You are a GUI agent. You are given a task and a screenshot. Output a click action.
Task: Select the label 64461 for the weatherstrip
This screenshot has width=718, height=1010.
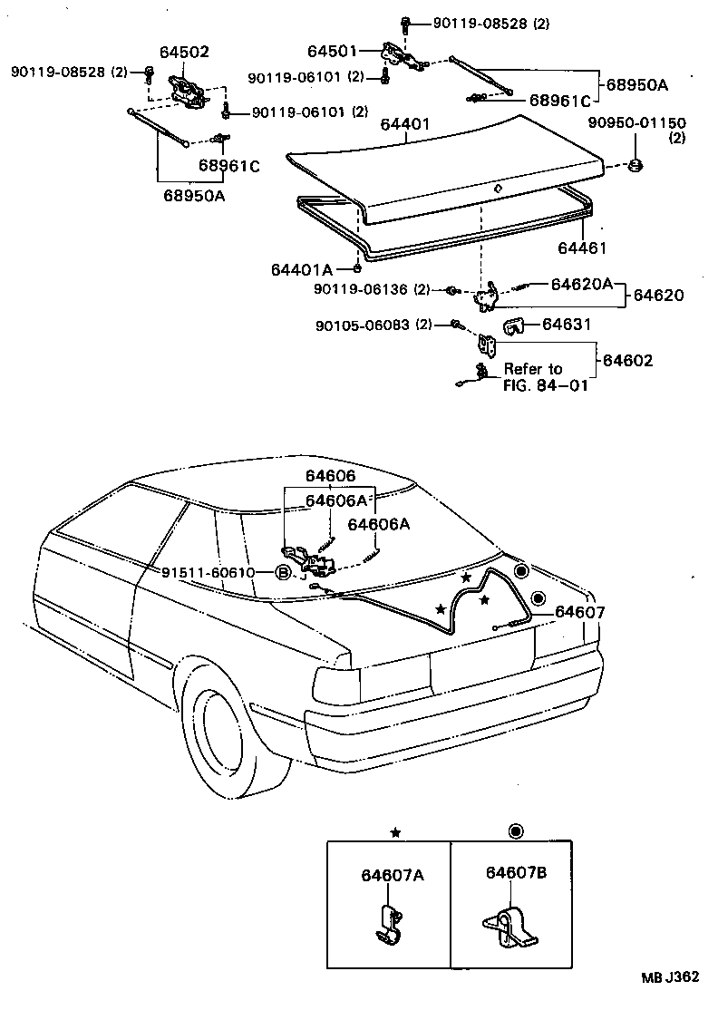point(580,248)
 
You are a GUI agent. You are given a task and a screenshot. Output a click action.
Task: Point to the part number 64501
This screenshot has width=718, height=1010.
point(333,52)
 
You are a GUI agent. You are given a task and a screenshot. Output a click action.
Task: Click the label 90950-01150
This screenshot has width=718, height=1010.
point(636,123)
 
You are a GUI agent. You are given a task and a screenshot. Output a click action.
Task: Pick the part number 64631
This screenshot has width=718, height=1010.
point(568,324)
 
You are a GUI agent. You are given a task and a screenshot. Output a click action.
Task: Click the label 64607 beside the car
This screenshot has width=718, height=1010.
point(579,613)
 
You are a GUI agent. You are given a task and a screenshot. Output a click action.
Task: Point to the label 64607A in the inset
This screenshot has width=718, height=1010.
point(392,875)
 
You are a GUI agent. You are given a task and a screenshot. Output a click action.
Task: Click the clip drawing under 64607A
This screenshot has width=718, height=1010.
point(389,926)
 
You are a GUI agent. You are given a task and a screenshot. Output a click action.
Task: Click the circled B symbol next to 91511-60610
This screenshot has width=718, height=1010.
point(283,573)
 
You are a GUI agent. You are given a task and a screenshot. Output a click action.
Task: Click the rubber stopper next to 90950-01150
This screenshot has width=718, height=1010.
point(636,164)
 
